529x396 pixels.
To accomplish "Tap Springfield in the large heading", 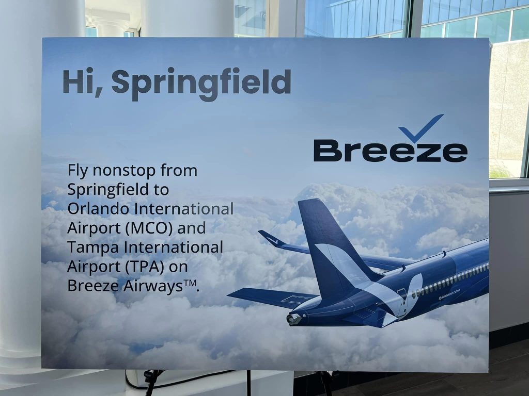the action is point(201,84).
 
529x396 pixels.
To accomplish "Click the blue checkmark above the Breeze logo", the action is point(421,128).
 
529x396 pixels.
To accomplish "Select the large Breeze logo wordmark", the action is point(391,151).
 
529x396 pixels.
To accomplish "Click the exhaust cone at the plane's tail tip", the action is point(293,319).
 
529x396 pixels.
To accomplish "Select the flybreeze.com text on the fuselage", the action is point(449,294).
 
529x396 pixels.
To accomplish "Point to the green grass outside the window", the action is point(500,171).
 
